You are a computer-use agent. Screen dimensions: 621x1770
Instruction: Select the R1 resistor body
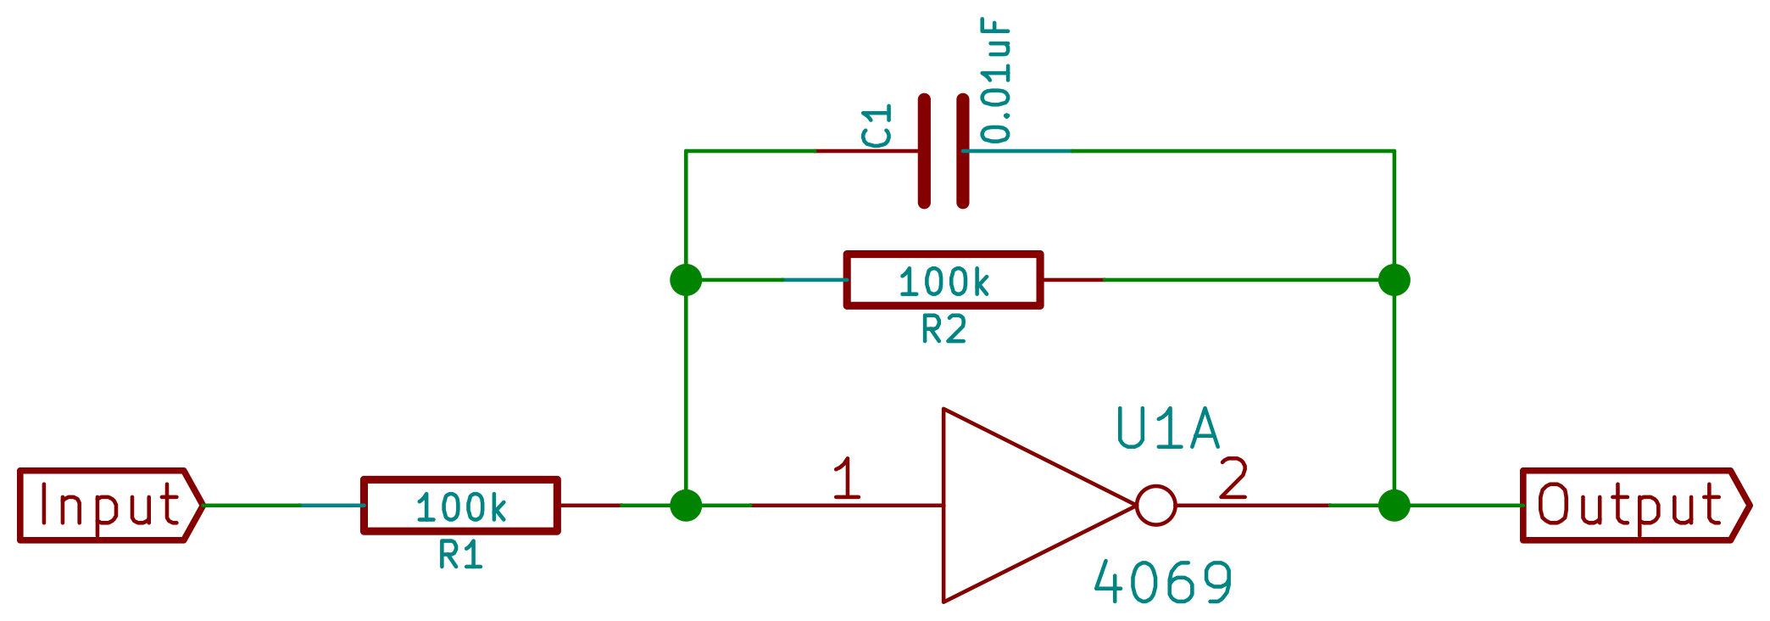click(x=460, y=506)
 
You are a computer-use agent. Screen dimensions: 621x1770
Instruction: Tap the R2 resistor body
click(x=943, y=280)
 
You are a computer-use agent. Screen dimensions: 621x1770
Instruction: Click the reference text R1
click(x=460, y=556)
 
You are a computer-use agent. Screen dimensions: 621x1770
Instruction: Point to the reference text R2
click(x=943, y=330)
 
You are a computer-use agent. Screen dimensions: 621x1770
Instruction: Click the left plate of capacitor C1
click(x=924, y=151)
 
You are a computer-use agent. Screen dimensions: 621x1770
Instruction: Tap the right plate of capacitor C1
click(x=963, y=151)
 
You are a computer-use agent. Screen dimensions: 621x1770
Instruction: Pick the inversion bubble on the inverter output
click(x=1155, y=506)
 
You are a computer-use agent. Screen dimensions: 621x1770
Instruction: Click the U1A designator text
click(x=1167, y=429)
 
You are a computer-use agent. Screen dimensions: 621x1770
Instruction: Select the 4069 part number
click(x=1163, y=583)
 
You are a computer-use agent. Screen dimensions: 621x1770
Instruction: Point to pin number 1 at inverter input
click(x=846, y=478)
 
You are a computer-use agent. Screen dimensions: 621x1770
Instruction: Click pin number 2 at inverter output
click(x=1233, y=478)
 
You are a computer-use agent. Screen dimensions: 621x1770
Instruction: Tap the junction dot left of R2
click(x=686, y=280)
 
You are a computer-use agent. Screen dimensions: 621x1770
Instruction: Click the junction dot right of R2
click(x=1394, y=280)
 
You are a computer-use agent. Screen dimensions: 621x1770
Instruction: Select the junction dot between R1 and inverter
click(x=686, y=506)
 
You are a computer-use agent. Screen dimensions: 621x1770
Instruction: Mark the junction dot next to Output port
click(x=1394, y=506)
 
